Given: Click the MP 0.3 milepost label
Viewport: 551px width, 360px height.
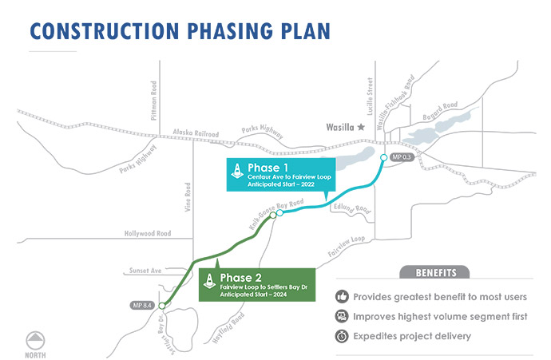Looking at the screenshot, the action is coord(402,157).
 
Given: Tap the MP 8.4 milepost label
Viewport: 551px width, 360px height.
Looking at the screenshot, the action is coord(142,305).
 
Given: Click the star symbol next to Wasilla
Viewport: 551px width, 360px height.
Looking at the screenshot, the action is coord(361,127).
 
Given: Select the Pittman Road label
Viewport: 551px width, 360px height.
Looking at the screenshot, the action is coord(153,101).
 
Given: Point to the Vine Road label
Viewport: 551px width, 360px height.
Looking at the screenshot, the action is coord(188,196).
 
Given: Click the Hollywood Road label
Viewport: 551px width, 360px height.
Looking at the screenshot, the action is coord(148,233).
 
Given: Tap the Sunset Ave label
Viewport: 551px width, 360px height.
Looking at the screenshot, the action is coord(145,271).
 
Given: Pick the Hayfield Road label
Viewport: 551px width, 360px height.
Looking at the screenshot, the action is coord(228,328).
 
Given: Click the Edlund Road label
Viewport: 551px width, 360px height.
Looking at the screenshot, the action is coord(352,208).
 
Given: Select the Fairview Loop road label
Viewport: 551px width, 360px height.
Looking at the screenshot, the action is coord(346,246).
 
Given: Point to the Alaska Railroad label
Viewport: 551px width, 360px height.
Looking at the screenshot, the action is coord(196,133).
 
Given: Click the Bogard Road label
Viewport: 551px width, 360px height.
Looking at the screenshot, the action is coord(440,111).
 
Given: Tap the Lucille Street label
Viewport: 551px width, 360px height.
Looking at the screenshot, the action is coord(370,97).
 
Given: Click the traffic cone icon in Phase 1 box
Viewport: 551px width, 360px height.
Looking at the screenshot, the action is coord(237,171).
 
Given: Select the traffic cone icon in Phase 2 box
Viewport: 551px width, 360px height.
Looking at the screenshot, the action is coord(209,281).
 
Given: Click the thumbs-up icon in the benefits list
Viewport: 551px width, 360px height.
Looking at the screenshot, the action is coord(342,296).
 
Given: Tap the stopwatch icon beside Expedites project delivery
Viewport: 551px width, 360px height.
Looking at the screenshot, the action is coord(342,336).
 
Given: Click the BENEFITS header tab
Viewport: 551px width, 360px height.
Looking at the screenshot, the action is coord(434,272).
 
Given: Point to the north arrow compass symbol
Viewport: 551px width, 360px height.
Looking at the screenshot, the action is coord(35,340).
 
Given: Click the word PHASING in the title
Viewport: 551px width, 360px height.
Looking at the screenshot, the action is coord(230,31).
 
